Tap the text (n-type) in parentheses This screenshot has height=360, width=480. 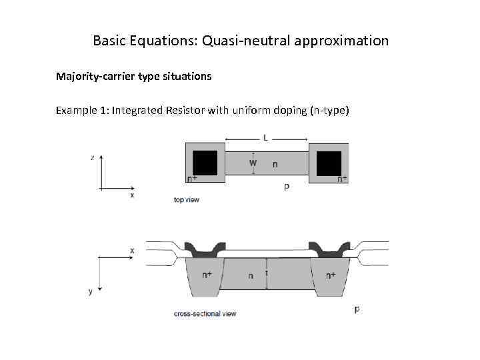coord(329,110)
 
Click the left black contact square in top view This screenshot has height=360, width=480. coord(205,163)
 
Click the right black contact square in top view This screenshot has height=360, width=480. coord(329,163)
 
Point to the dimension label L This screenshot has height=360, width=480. coord(267,139)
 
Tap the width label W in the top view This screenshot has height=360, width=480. coord(253,163)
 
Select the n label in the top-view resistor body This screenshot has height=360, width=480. coord(275,163)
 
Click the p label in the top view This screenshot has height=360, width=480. coord(286,187)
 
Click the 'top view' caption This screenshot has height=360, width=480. coord(186,199)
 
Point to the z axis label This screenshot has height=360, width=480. coord(92,157)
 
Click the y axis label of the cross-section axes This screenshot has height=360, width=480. coord(91,291)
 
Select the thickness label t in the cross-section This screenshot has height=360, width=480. coord(267,273)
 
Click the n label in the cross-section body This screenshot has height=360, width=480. coord(251,276)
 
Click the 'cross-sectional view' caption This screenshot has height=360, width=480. coord(205,313)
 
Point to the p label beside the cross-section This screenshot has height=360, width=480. coord(357,309)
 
